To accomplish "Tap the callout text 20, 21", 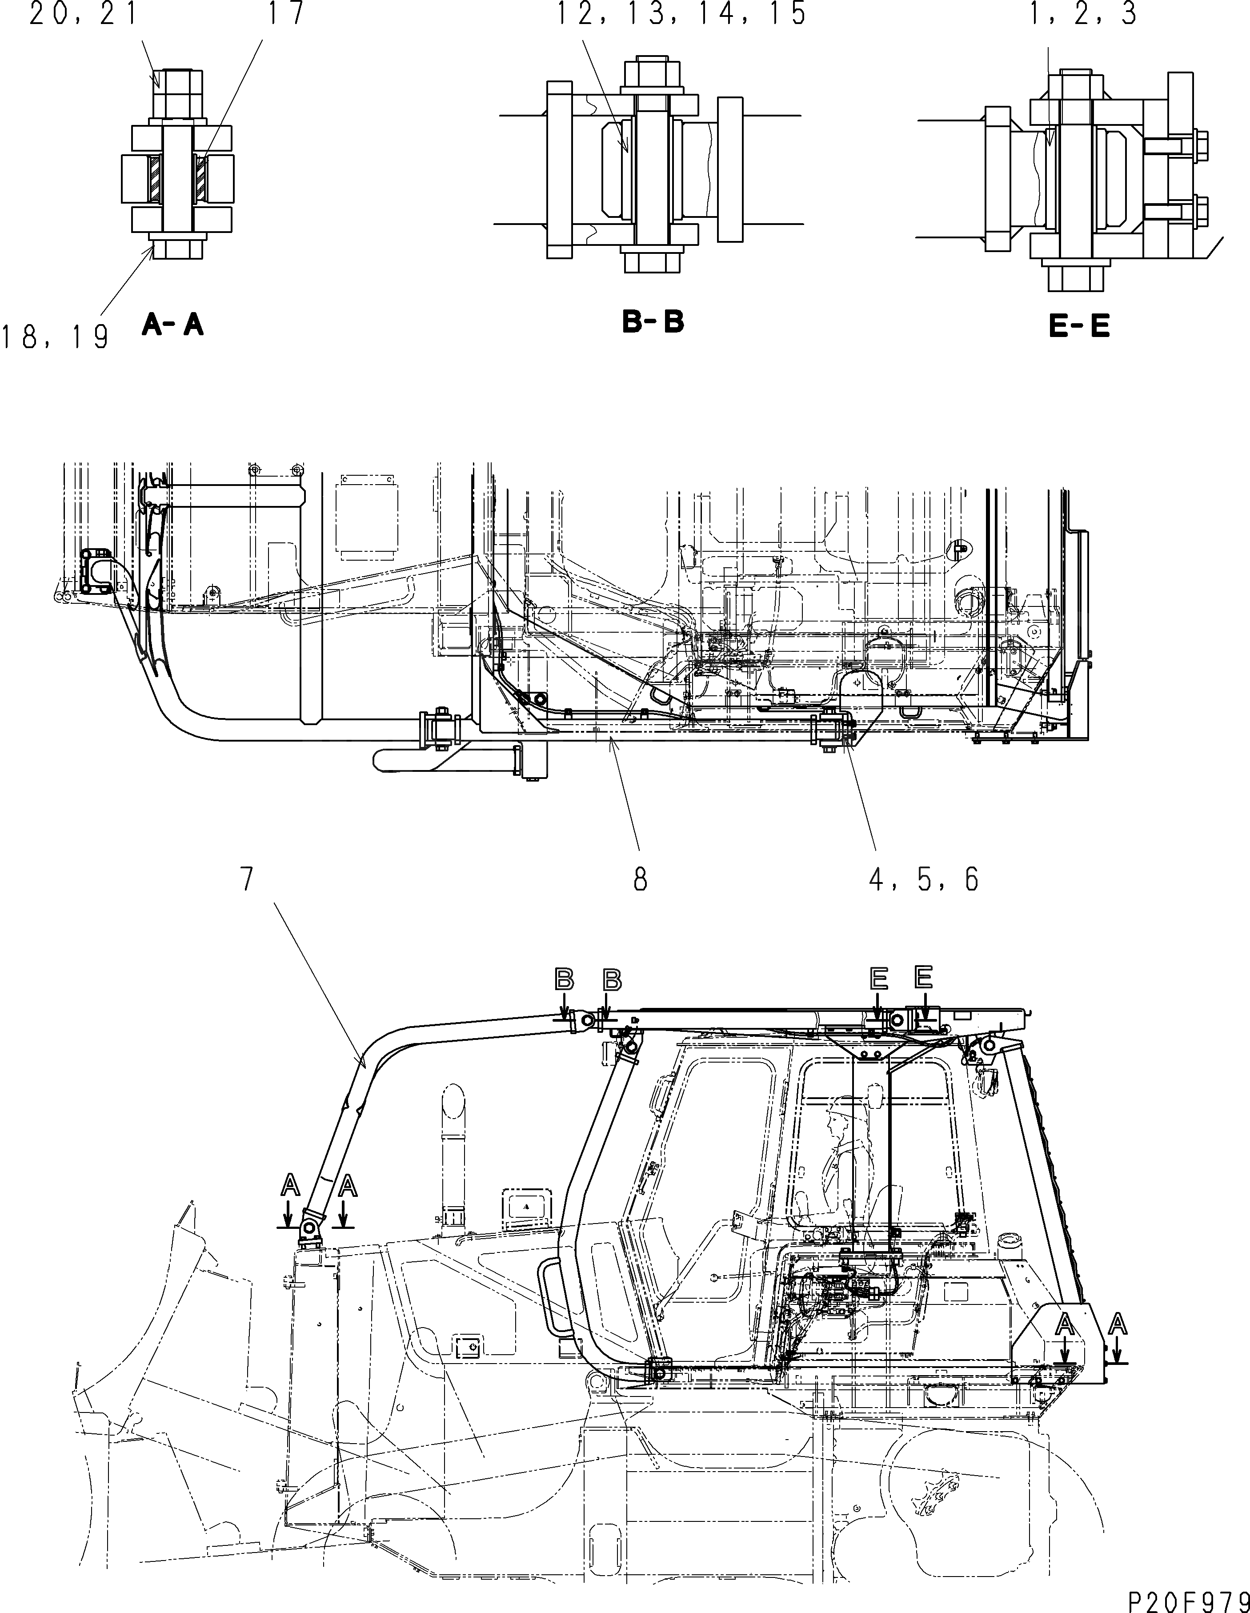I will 84,14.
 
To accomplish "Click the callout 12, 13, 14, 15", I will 681,14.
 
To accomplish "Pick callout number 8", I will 639,879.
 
